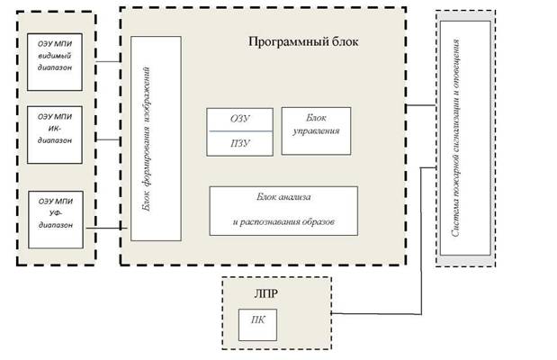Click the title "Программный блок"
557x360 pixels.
(x=303, y=42)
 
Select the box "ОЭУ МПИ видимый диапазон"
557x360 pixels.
(x=55, y=62)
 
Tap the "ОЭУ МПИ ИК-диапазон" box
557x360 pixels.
(x=55, y=135)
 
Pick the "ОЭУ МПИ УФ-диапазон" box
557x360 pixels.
(x=56, y=220)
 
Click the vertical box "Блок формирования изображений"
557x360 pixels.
(x=156, y=139)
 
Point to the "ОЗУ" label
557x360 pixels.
(x=240, y=119)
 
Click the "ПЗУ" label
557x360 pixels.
(x=240, y=144)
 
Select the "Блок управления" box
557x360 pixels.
(x=316, y=131)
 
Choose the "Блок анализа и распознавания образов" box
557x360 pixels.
(x=283, y=211)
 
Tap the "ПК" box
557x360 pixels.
(x=257, y=325)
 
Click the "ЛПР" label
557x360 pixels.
(x=266, y=293)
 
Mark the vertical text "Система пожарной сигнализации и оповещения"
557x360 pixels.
(x=455, y=138)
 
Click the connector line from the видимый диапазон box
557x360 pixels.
(x=108, y=61)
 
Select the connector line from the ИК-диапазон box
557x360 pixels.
(x=108, y=139)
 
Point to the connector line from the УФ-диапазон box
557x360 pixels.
(x=107, y=228)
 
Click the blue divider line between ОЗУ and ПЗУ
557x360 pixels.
(x=241, y=131)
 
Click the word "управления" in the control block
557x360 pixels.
(x=316, y=131)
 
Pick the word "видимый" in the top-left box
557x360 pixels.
(x=55, y=56)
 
